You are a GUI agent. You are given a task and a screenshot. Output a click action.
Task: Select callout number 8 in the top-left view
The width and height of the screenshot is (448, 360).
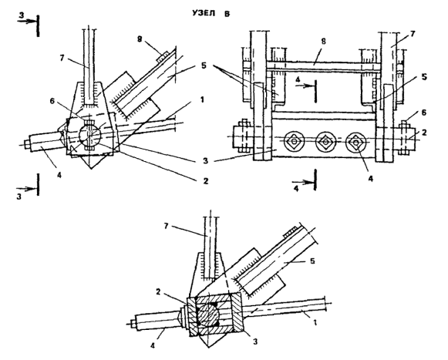(140, 39)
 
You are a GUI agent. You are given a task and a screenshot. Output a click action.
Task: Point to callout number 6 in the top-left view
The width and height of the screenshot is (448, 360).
(52, 102)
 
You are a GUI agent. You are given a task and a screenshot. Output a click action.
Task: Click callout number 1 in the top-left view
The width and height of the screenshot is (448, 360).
(202, 99)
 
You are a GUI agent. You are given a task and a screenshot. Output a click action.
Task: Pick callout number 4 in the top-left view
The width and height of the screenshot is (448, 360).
(59, 175)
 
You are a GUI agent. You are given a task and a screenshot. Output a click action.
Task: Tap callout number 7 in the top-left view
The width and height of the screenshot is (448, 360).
(62, 58)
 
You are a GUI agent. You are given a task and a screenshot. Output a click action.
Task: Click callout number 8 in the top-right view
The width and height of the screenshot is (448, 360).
(323, 42)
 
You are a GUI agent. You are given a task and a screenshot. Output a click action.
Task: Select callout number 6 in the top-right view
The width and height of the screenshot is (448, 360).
(424, 113)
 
